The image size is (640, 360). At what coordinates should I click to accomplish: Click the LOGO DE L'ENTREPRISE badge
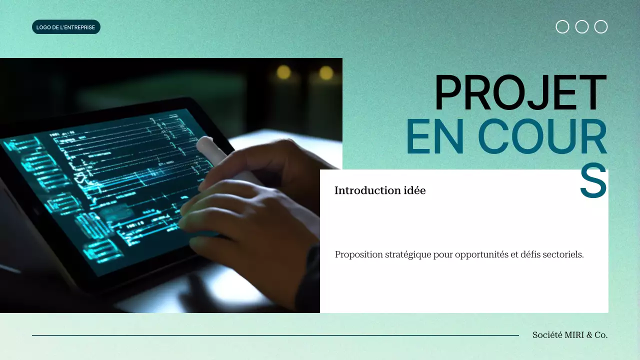66,27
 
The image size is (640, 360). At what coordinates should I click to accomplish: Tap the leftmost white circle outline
562,27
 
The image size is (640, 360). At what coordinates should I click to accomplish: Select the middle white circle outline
582,27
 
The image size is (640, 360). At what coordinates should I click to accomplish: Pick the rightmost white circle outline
601,27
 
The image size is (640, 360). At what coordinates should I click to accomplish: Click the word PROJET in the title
520,93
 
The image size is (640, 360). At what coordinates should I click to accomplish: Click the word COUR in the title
542,137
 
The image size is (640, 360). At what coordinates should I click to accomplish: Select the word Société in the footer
547,335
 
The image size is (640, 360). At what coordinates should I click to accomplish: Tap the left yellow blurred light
283,72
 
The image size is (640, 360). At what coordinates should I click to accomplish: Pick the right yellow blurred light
326,73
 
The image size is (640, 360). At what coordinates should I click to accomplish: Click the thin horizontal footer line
275,335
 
